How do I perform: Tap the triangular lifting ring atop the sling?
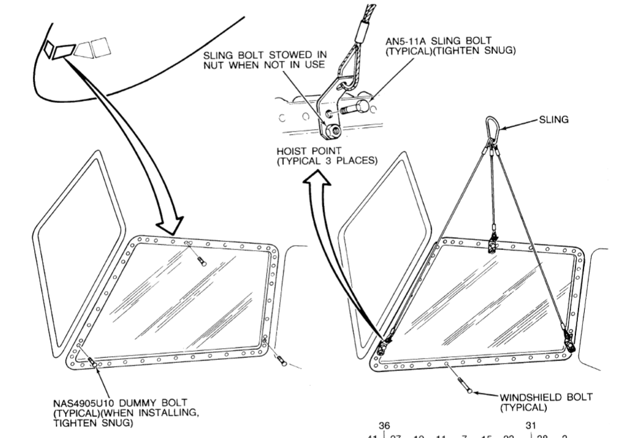493,128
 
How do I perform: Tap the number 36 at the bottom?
384,426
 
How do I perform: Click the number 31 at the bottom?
531,426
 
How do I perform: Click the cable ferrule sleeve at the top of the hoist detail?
361,29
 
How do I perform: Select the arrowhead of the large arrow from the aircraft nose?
171,225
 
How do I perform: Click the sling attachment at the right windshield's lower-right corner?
567,339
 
